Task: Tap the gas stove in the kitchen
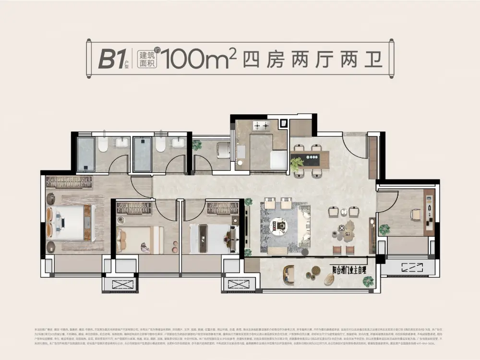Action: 262,127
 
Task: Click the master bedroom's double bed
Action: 67,223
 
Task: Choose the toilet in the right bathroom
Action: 160,145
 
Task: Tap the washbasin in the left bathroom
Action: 122,142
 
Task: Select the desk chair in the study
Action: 415,214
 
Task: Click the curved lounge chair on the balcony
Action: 290,274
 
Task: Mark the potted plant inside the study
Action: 384,230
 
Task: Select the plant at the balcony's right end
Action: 369,281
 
